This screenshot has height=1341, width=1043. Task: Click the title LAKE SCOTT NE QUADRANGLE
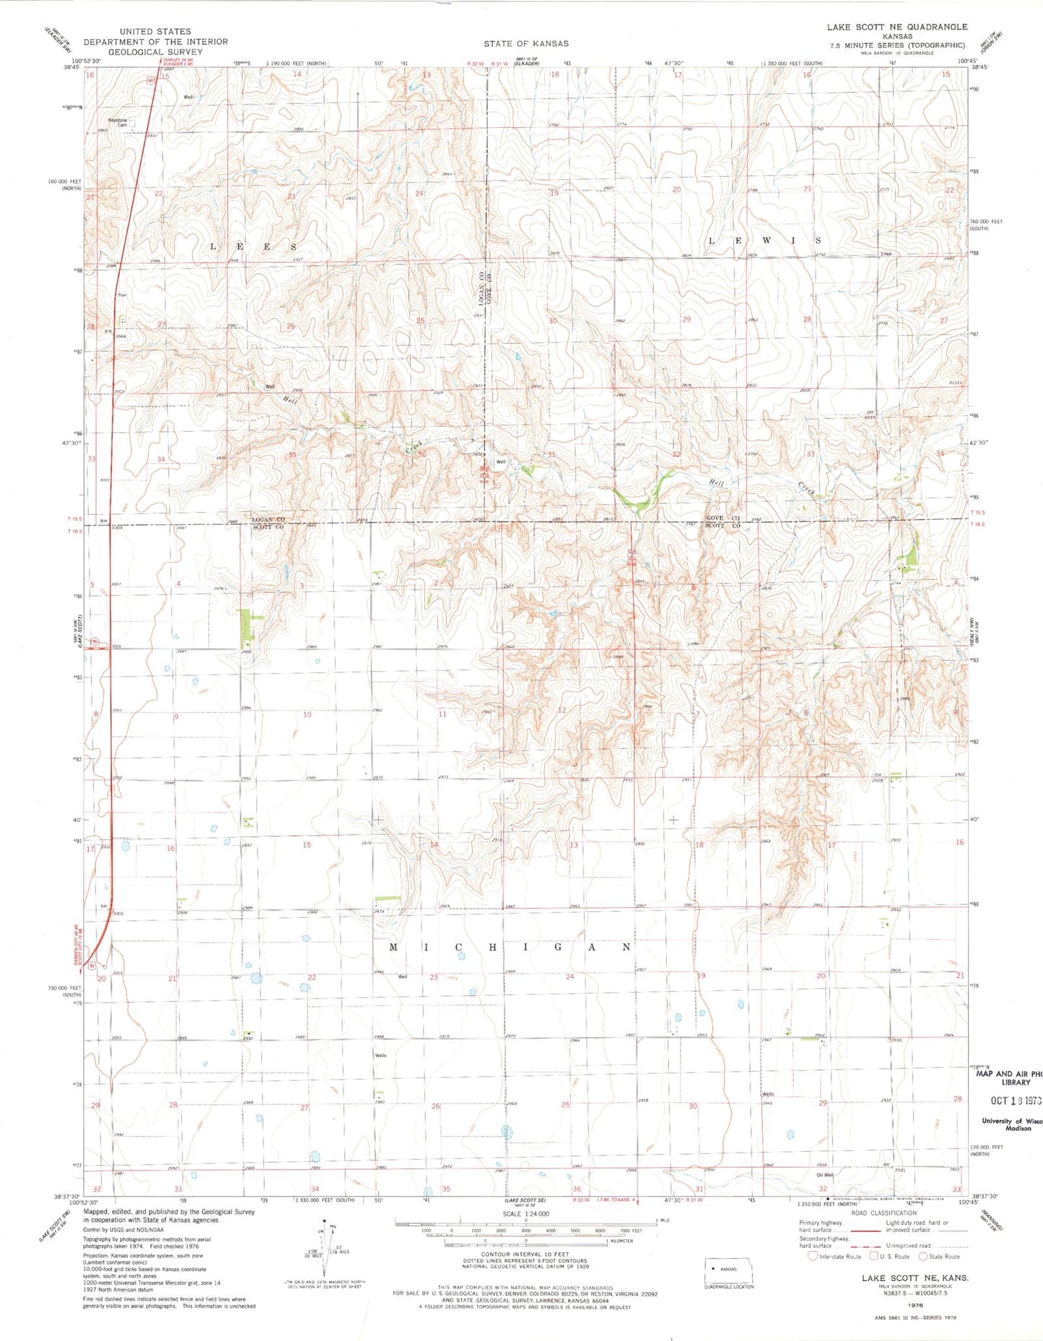tap(896, 27)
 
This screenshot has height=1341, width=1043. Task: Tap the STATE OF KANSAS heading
tap(526, 43)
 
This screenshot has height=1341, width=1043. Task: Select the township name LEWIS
tap(766, 240)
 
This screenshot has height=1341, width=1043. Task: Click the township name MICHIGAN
tap(511, 947)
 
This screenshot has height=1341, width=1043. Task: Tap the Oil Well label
tap(824, 1175)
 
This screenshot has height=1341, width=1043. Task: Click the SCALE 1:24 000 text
tap(525, 1214)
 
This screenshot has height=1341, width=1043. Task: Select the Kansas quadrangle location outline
tap(728, 1269)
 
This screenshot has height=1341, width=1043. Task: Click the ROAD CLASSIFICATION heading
tap(883, 1212)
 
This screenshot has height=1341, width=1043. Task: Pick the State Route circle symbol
tap(922, 1256)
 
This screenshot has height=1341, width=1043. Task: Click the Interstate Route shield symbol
tap(813, 1256)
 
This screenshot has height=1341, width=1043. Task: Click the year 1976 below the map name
tap(915, 1306)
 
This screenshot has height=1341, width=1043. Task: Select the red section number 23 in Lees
tap(292, 196)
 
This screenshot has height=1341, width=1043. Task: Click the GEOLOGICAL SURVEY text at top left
tap(155, 51)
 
